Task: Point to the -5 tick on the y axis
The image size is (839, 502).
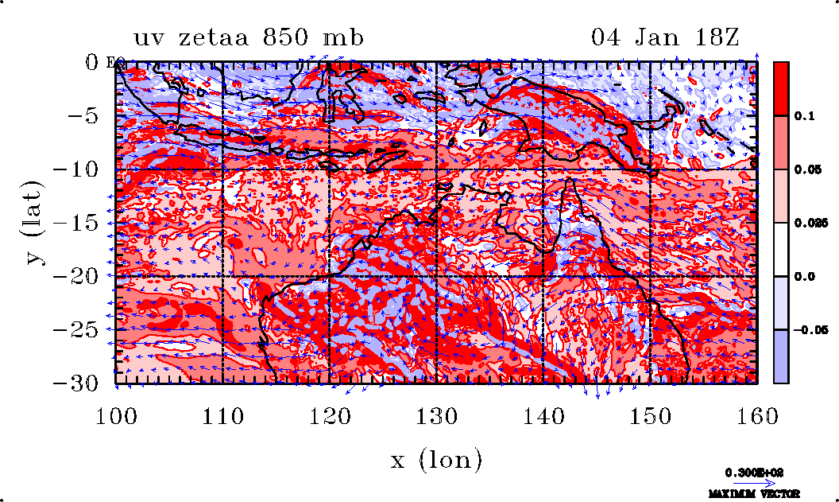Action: point(89,115)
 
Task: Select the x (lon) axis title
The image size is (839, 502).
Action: point(436,459)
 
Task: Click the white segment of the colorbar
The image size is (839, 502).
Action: point(781,250)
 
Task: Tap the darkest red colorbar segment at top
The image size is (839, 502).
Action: point(781,88)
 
